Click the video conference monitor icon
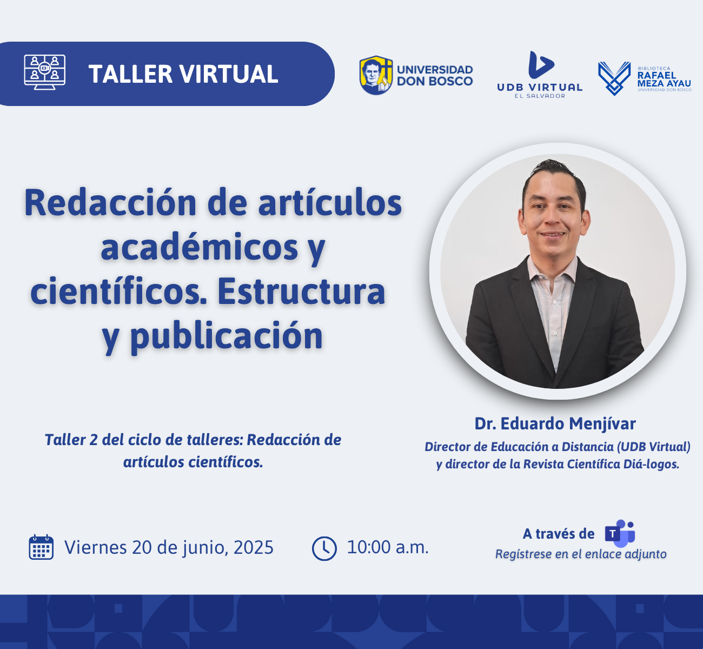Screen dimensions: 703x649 (44, 72)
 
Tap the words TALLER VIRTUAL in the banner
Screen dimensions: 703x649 (183, 74)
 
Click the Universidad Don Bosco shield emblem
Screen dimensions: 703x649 (376, 75)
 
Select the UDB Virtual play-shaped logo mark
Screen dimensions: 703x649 (541, 65)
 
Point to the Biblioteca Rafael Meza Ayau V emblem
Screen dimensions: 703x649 (614, 78)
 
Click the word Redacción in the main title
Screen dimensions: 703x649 (110, 203)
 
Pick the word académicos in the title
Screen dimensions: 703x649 (200, 247)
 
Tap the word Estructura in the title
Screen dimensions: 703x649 (301, 292)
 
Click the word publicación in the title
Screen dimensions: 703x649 (227, 336)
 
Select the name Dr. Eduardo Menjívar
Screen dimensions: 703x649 (555, 423)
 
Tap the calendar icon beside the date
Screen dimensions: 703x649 (41, 547)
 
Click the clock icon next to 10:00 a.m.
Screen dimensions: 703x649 (324, 548)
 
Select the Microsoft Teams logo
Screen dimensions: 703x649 (620, 534)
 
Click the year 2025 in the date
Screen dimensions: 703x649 (254, 547)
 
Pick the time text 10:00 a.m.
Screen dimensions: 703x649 (388, 547)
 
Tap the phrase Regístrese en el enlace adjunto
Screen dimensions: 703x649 (581, 554)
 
